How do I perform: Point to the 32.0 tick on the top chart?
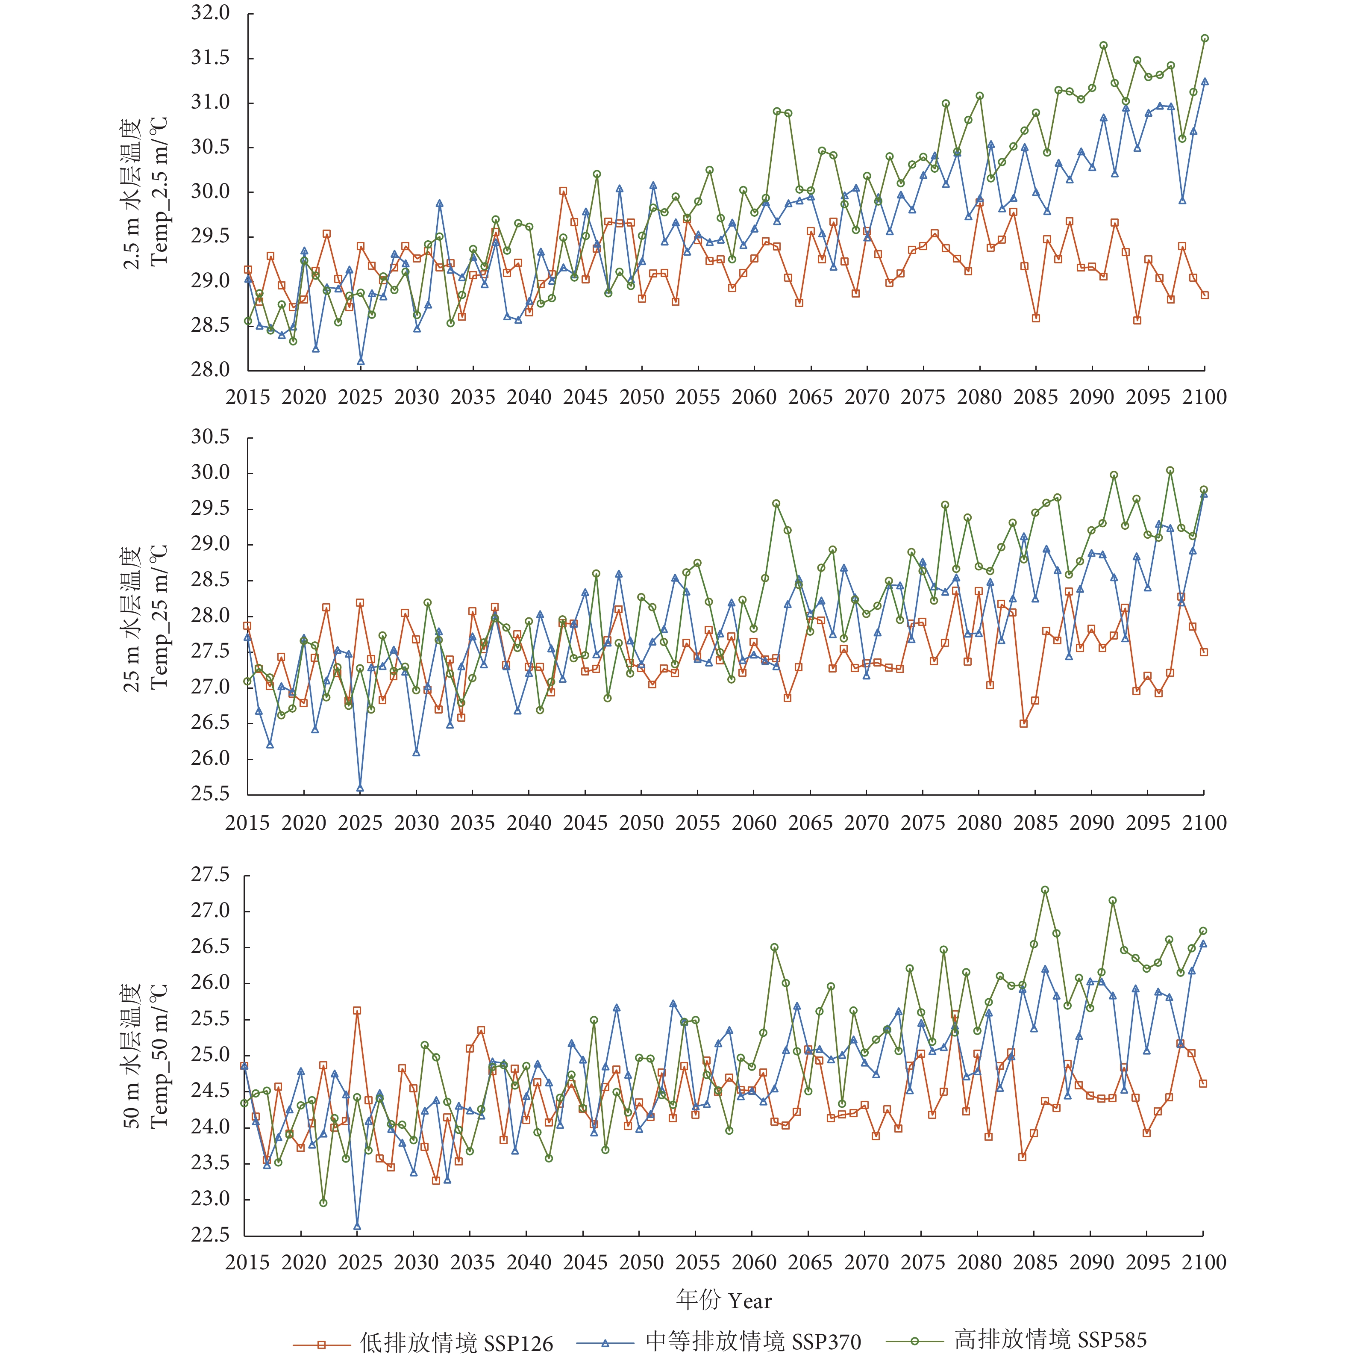click(x=210, y=13)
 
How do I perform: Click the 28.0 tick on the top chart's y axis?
click(x=210, y=369)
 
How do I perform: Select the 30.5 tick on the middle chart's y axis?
click(x=210, y=437)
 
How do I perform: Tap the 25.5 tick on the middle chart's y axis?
click(x=210, y=794)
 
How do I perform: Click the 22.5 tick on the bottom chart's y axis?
click(x=210, y=1235)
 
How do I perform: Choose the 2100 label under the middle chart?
click(x=1204, y=822)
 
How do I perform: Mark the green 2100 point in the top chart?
click(x=1205, y=39)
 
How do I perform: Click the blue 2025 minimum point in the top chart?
click(x=360, y=362)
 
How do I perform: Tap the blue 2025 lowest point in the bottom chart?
click(x=357, y=1226)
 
